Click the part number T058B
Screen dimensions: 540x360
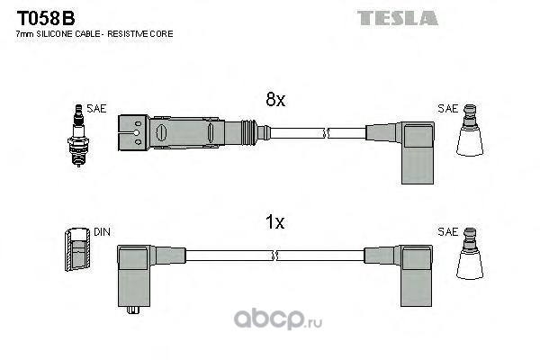pos(46,18)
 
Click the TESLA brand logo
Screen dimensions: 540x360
pos(398,18)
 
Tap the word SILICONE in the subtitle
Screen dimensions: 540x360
pos(55,34)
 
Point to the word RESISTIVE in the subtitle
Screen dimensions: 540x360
pos(123,34)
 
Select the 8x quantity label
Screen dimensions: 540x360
pos(275,100)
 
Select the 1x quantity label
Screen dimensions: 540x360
pos(274,222)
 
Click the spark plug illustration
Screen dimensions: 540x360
pos(78,135)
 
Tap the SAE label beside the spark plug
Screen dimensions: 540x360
pos(96,109)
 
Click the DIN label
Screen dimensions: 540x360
pos(102,232)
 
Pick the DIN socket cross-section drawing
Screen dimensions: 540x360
pos(77,249)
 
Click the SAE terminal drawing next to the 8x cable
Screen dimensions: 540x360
pos(470,130)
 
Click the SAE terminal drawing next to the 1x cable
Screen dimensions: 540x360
pos(470,253)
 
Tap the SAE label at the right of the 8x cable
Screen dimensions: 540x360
pos(447,109)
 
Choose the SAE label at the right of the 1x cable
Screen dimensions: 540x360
pos(447,232)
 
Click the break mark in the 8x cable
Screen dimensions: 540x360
pos(326,132)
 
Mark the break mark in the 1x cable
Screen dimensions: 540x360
pos(275,256)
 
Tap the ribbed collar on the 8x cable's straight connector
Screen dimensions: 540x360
pos(248,132)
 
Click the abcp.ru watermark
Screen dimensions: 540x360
pos(278,319)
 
